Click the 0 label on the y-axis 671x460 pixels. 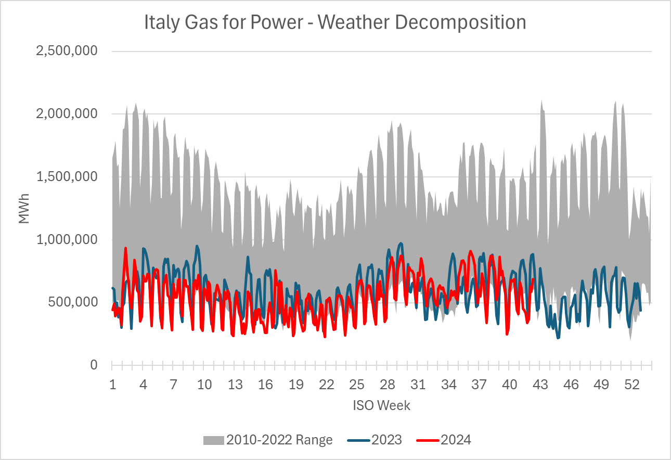94,365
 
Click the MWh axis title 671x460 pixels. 24,208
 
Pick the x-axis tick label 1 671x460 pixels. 112,385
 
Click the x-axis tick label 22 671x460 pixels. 326,385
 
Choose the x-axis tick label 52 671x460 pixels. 632,385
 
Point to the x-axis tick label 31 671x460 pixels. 418,385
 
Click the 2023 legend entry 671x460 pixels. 386,440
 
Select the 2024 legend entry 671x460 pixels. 456,440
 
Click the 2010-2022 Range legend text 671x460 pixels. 279,440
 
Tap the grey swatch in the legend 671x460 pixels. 214,440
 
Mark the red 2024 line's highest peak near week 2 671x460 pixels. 125,248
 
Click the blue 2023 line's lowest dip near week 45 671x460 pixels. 558,338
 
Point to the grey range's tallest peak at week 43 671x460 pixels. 541,101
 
